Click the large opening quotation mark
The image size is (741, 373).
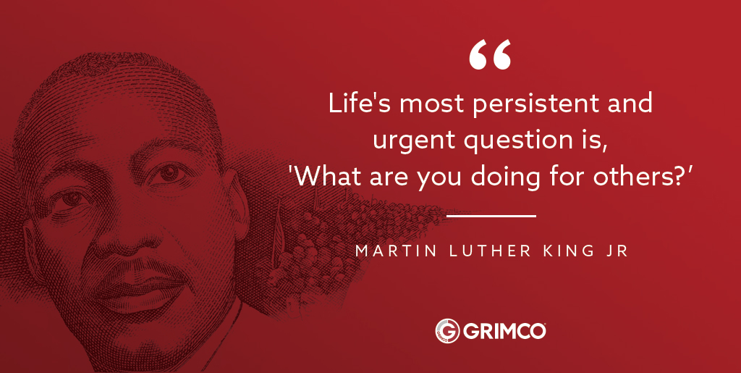point(490,55)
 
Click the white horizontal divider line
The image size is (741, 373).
point(491,216)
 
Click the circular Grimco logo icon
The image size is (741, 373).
point(446,330)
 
